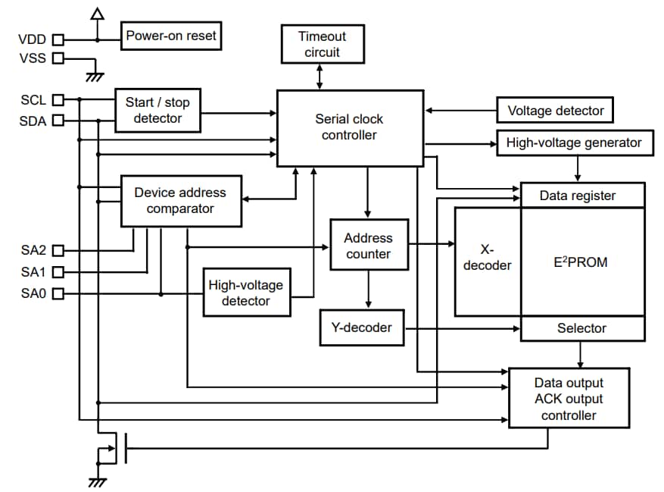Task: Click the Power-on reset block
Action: [171, 36]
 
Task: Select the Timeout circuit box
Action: [322, 44]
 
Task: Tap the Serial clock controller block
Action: [349, 127]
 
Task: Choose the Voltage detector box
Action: [555, 111]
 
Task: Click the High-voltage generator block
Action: [574, 143]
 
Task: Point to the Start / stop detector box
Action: [157, 111]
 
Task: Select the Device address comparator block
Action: [181, 201]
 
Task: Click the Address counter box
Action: [369, 244]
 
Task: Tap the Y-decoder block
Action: [362, 327]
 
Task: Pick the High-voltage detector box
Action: [245, 293]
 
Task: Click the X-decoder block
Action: [487, 258]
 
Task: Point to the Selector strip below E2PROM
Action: [581, 328]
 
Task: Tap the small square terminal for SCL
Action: [58, 99]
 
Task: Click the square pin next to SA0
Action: [58, 293]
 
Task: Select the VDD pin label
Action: [31, 39]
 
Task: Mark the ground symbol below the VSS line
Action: [95, 76]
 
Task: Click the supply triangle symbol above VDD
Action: [96, 14]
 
